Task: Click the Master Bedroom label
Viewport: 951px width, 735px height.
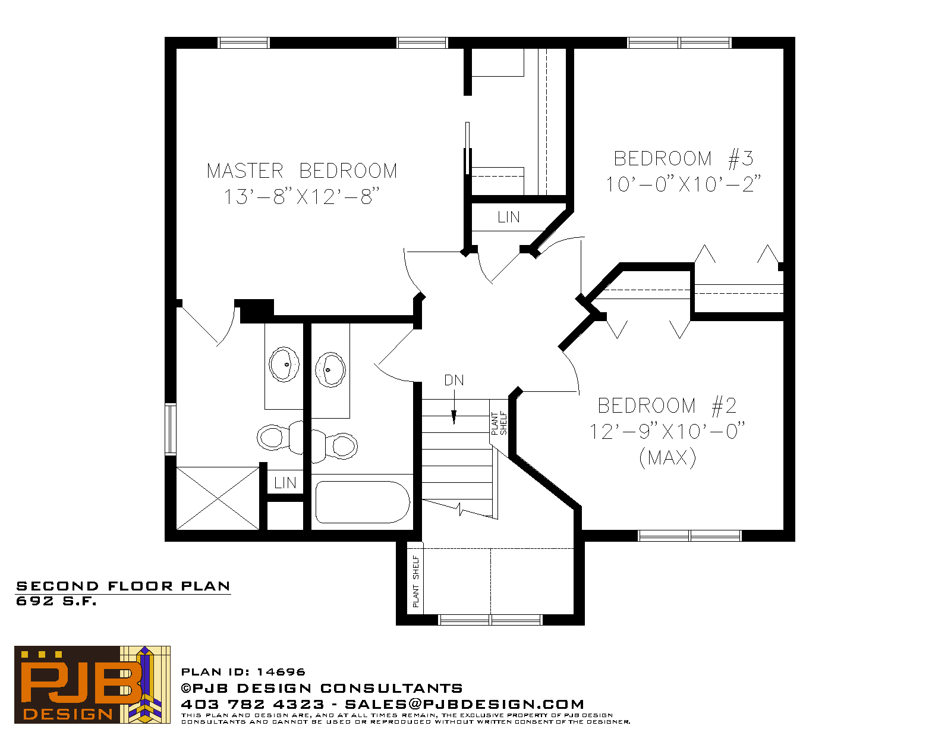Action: [301, 171]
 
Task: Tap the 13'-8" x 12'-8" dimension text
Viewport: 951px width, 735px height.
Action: [301, 197]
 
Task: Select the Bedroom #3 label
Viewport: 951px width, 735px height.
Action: [683, 158]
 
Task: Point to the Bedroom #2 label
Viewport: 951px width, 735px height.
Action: [667, 406]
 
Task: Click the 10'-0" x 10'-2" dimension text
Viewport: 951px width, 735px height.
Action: [683, 184]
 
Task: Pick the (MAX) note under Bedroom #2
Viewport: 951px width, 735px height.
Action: [667, 458]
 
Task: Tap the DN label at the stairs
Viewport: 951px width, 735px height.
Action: [454, 380]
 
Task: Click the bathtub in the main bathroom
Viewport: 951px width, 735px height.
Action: [363, 502]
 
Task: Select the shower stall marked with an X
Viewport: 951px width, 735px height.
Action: [218, 498]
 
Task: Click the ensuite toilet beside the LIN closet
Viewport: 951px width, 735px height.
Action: [280, 437]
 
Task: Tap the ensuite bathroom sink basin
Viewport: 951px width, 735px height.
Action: [284, 364]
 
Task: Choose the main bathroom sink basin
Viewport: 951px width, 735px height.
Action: [330, 370]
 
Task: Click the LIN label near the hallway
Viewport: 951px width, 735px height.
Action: [509, 217]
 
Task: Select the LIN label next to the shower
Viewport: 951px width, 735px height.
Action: [285, 483]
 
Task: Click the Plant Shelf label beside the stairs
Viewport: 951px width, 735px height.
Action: [499, 423]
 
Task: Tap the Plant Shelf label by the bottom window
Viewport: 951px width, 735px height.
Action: [415, 582]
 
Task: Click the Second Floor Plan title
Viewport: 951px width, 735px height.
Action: [124, 586]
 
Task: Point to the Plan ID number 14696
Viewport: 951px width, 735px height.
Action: [281, 672]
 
